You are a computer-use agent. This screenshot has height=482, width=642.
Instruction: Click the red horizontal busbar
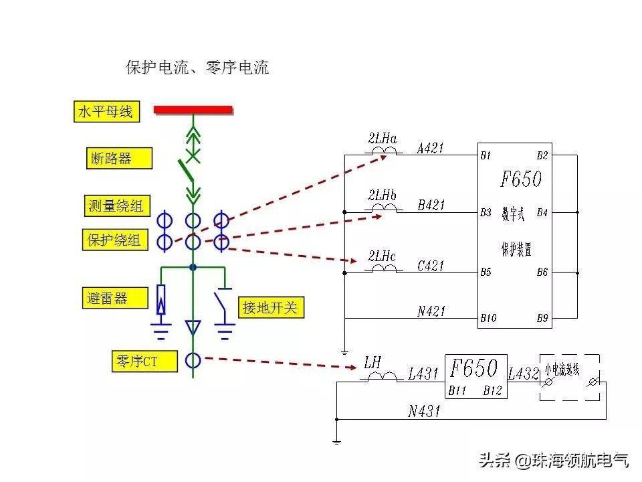(193, 109)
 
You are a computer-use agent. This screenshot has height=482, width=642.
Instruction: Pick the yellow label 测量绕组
(116, 206)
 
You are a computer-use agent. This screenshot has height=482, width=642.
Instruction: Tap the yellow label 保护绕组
(114, 240)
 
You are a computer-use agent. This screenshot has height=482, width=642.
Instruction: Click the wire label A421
(430, 148)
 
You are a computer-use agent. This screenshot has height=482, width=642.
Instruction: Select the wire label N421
(431, 311)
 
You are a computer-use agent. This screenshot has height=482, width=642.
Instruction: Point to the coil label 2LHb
(382, 195)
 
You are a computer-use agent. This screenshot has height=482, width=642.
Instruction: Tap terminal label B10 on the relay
(488, 318)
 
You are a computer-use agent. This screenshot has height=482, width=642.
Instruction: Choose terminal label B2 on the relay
(542, 155)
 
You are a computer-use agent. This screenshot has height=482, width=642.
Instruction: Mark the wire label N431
(424, 411)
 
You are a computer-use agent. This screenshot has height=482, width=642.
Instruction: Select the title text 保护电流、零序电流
(197, 68)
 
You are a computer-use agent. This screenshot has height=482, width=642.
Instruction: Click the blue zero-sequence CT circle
(193, 360)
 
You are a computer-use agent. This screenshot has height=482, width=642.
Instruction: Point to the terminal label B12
(493, 390)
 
